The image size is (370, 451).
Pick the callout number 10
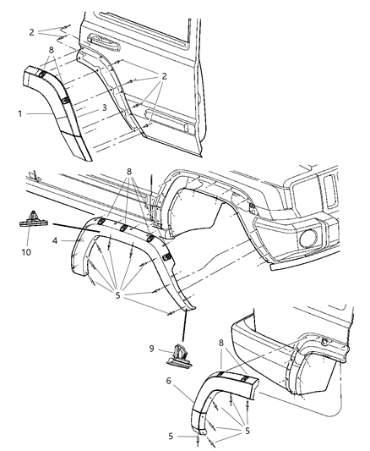tap(24, 252)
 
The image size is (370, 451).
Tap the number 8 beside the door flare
tap(52, 50)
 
